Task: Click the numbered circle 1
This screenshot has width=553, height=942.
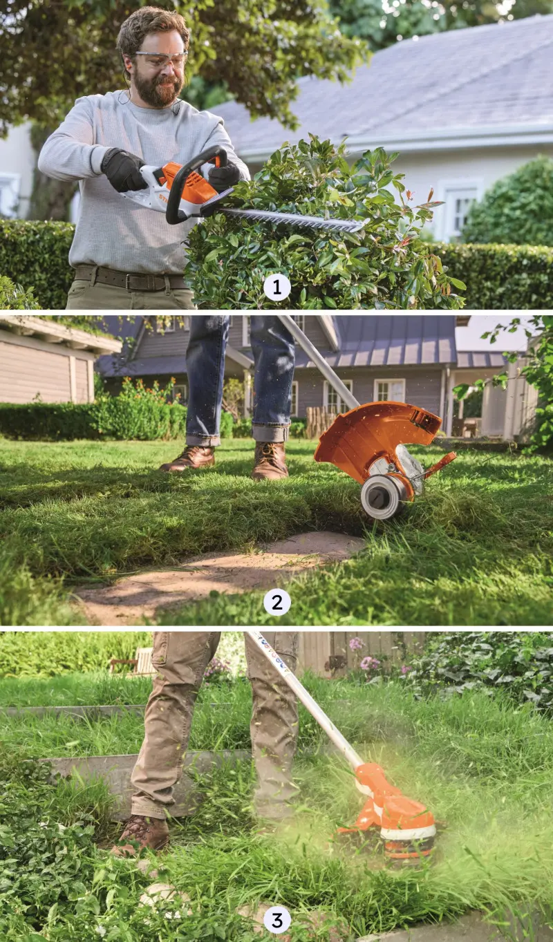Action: click(x=277, y=287)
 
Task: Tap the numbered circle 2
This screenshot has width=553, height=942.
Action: click(x=276, y=603)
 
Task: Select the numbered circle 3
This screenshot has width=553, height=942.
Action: click(x=276, y=920)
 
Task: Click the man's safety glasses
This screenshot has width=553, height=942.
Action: click(x=161, y=59)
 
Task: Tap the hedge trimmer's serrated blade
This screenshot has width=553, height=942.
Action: click(x=297, y=220)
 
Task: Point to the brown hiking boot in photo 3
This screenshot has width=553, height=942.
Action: click(x=143, y=833)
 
